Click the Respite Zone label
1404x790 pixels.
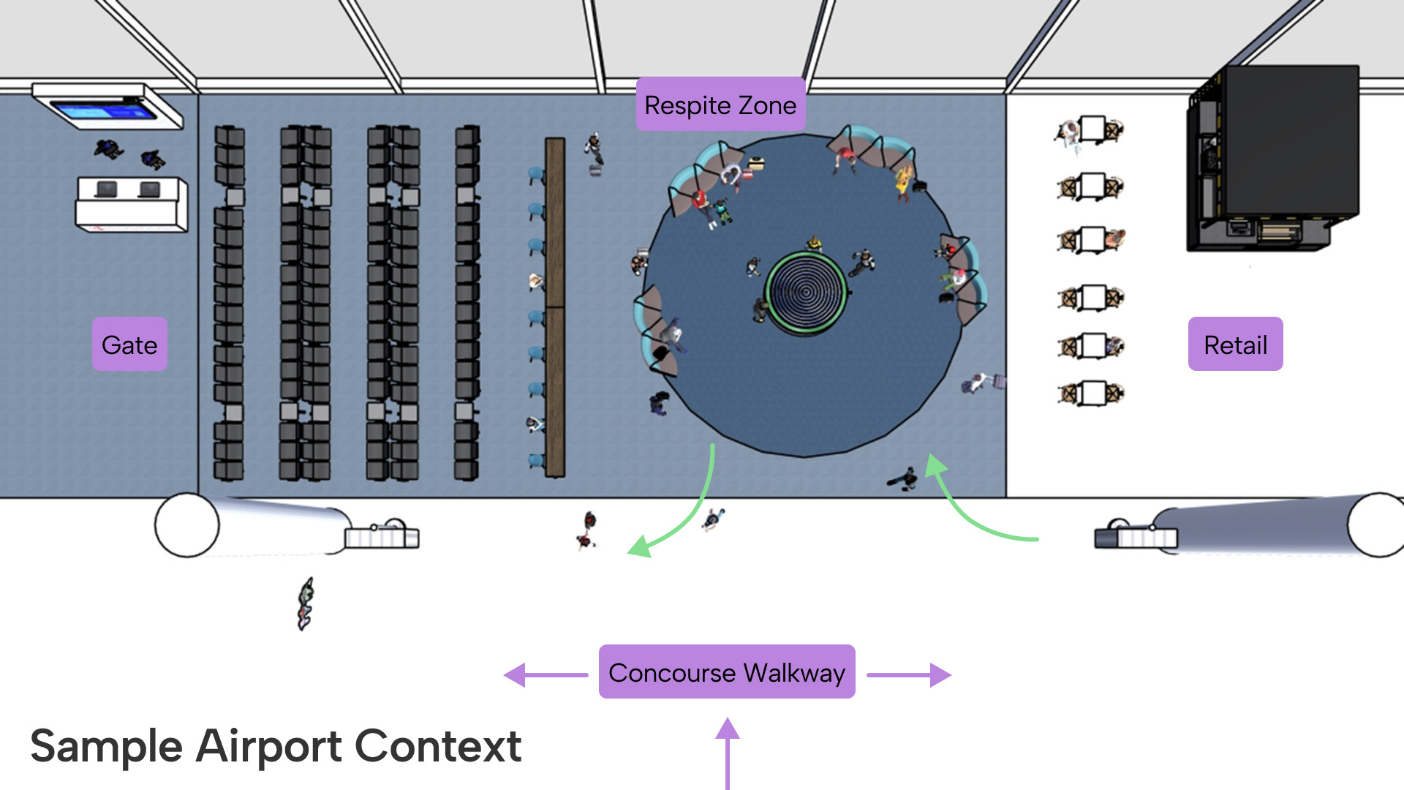(720, 105)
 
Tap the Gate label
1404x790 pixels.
(129, 345)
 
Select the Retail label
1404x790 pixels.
(1235, 345)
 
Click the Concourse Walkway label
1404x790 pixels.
(727, 672)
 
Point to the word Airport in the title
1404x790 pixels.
(269, 747)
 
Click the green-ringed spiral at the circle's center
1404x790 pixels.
(805, 293)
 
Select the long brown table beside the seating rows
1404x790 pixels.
(555, 307)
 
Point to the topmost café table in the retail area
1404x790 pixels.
(1092, 130)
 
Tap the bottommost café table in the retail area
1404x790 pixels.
(1092, 394)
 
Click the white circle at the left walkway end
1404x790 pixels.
(186, 525)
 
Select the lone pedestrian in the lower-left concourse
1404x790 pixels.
(305, 604)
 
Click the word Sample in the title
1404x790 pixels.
(106, 747)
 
